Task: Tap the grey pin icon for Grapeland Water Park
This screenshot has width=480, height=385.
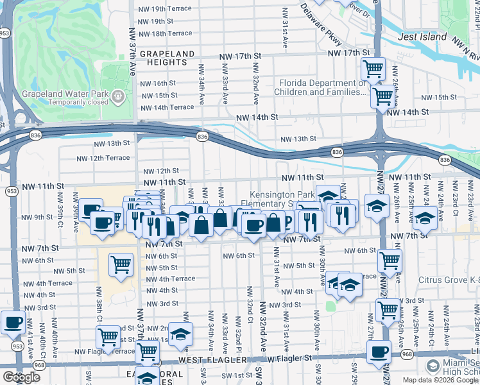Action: [x=118, y=96]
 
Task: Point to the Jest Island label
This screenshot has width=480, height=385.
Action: [x=422, y=37]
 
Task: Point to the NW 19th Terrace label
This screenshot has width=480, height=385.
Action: [x=166, y=9]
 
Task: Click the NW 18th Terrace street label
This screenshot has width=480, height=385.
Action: [x=166, y=33]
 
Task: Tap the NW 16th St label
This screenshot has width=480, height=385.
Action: [x=158, y=83]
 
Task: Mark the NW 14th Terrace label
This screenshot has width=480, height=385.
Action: [x=167, y=107]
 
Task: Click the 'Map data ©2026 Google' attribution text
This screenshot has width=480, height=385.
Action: [x=440, y=380]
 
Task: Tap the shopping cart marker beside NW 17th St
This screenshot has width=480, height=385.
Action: [x=373, y=68]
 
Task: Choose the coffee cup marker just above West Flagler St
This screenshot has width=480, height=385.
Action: [x=379, y=352]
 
